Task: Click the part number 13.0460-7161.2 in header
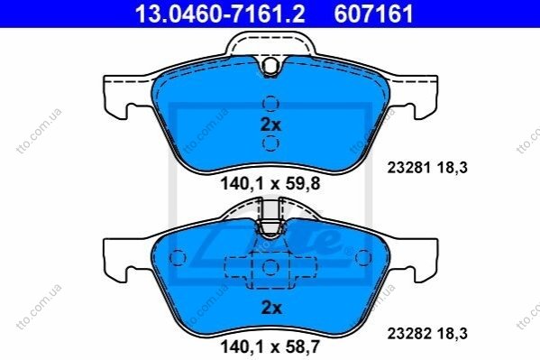coord(220,14)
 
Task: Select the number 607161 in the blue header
coord(373,14)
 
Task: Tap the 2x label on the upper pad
coord(271,125)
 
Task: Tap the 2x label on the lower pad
coord(271,308)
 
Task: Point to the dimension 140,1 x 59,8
coord(270,184)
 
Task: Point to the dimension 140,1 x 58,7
coord(270,346)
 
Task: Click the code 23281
coord(408,168)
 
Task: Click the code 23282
coord(409,334)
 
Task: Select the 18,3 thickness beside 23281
coord(453,168)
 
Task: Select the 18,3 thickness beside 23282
coord(453,334)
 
